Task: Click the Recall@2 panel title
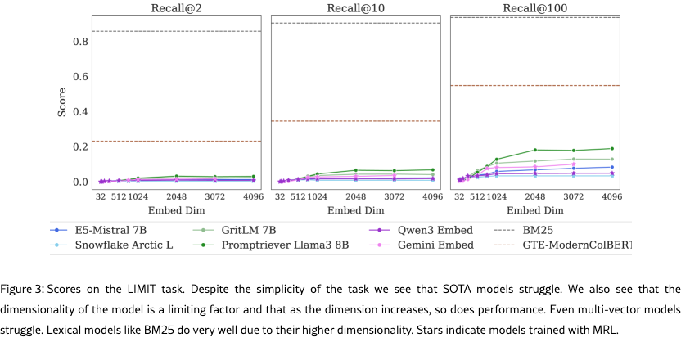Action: point(177,8)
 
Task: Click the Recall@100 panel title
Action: point(535,8)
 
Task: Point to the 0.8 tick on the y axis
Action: point(79,42)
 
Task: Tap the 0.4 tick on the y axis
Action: point(79,112)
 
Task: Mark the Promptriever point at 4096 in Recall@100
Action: point(611,149)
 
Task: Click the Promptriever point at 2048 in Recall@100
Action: point(534,150)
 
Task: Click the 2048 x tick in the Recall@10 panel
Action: point(355,197)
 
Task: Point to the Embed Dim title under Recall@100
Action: point(535,211)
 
